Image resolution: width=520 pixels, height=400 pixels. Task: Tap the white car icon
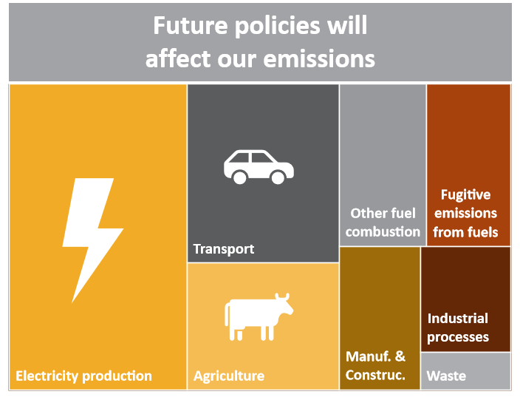coord(259,166)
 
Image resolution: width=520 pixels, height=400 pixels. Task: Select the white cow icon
coord(259,317)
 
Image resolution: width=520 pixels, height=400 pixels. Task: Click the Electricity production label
coord(83,376)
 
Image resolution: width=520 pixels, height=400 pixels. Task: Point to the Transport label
coord(224,249)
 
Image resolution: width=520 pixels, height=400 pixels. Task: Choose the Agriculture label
coord(229,376)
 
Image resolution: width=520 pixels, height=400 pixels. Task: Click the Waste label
coord(446,376)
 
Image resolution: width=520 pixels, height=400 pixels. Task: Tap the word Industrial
coord(458,319)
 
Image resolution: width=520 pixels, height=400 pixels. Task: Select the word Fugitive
coord(465,195)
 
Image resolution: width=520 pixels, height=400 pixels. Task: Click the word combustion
coord(383,231)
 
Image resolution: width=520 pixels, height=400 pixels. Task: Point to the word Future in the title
coord(191,26)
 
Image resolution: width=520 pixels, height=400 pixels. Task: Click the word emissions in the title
coord(319,59)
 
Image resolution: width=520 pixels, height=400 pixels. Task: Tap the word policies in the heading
coord(278,27)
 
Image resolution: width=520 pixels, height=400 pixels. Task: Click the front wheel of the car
coord(278,177)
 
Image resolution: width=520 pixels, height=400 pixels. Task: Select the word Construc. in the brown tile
coord(375,375)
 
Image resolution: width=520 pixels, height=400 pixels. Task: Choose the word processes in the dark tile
coord(458,337)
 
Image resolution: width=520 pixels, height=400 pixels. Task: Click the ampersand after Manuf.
coord(400,356)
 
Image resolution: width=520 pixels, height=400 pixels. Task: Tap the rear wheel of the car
coord(240,177)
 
